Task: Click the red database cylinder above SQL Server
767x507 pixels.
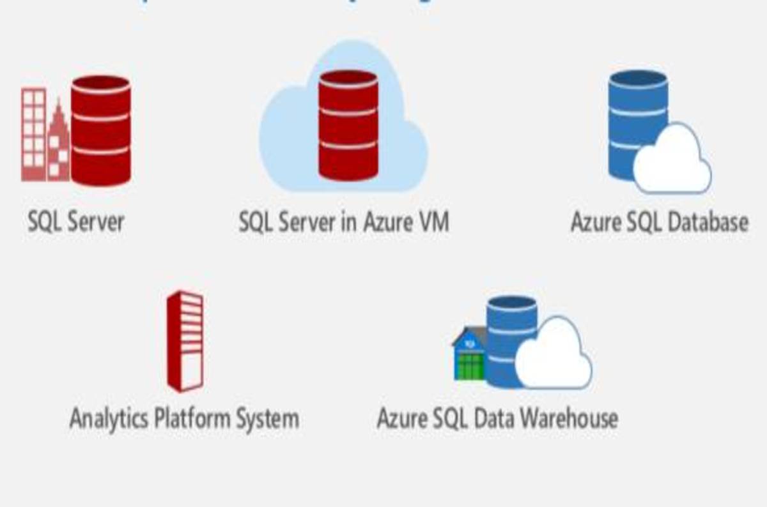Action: (100, 130)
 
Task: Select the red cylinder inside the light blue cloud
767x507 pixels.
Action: (348, 125)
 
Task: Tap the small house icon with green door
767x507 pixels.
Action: (470, 355)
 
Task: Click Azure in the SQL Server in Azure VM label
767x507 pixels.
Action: (382, 222)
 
